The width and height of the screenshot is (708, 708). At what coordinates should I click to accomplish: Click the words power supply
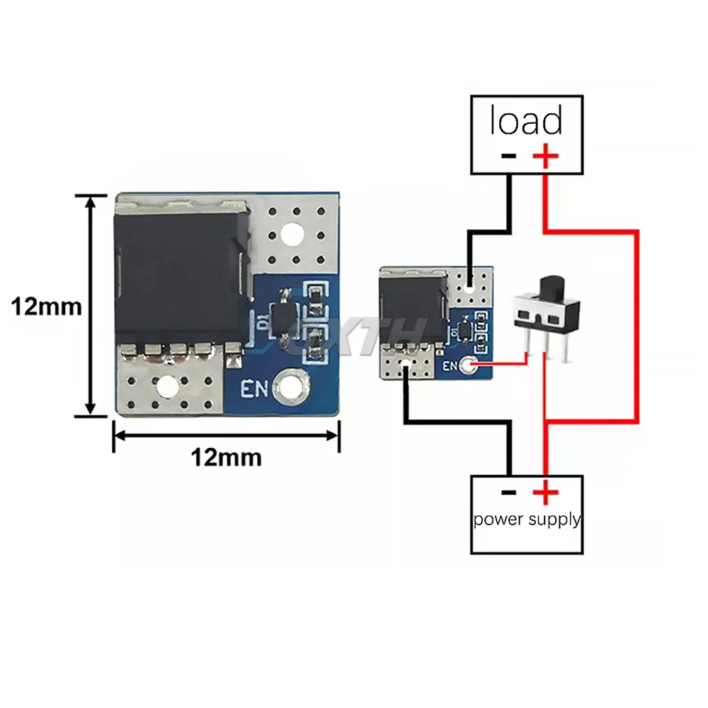coord(527,519)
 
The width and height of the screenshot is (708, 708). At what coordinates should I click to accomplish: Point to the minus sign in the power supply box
coord(508,492)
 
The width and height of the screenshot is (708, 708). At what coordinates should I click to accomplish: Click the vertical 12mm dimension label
coord(47,307)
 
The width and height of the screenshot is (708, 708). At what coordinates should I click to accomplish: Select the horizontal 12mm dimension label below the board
coord(226,457)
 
